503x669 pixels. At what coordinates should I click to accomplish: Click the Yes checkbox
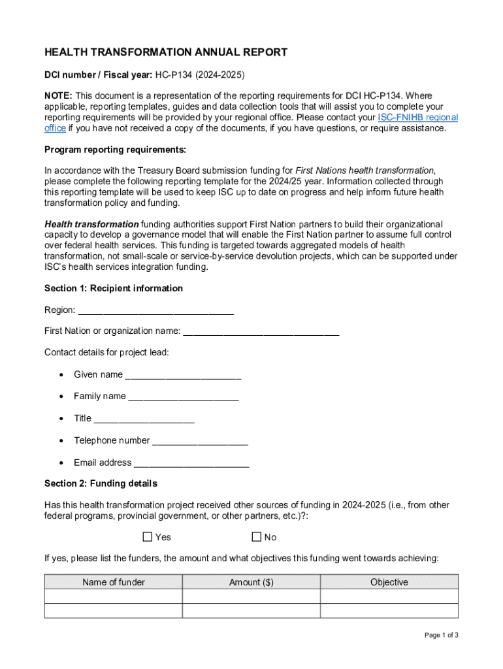(x=148, y=537)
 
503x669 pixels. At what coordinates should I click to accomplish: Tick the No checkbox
(x=257, y=537)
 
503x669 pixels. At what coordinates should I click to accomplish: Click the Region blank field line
(x=155, y=311)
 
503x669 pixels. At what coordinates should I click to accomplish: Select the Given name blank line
(x=183, y=376)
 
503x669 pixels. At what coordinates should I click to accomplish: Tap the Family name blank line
(x=183, y=397)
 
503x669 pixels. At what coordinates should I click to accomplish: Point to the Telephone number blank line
(x=200, y=442)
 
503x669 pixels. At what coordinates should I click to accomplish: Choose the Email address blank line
(x=190, y=464)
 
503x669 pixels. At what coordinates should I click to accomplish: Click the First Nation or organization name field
(x=261, y=332)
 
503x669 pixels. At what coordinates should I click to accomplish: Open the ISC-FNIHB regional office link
(x=417, y=118)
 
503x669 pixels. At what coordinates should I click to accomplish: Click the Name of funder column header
(x=114, y=582)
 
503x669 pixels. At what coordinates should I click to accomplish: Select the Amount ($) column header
(x=252, y=582)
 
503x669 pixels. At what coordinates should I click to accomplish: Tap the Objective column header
(x=389, y=582)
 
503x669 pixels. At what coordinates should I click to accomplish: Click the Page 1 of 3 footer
(x=441, y=635)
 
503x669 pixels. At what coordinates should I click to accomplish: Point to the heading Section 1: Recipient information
(x=114, y=288)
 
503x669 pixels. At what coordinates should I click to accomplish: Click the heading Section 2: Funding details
(x=101, y=484)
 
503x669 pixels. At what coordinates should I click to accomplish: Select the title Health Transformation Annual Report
(x=166, y=53)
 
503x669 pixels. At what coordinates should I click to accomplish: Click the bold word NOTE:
(x=58, y=96)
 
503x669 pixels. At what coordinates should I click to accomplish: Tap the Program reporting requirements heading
(x=115, y=150)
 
